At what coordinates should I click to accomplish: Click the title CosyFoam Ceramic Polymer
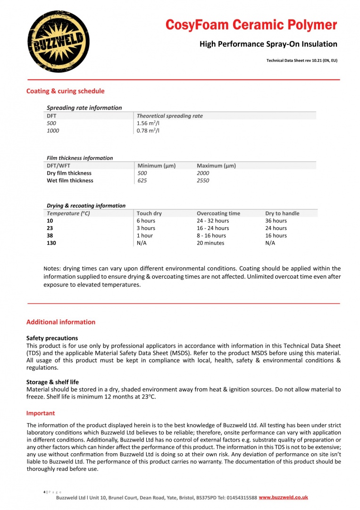(x=251, y=25)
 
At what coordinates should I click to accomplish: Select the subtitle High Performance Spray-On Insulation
(x=268, y=44)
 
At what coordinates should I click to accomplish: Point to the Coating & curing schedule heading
(x=65, y=91)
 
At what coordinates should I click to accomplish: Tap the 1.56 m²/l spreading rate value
(x=148, y=123)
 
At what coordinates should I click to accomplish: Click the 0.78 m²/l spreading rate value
(x=148, y=131)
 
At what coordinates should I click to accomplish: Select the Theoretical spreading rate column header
(x=169, y=116)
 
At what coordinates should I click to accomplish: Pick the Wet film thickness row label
(x=70, y=180)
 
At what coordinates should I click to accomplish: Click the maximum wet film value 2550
(x=203, y=180)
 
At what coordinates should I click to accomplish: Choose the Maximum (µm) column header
(x=216, y=166)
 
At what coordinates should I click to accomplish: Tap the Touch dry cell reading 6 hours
(x=146, y=221)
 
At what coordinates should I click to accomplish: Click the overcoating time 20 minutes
(x=210, y=243)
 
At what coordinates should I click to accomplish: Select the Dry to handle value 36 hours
(x=276, y=221)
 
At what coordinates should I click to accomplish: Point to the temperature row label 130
(x=51, y=243)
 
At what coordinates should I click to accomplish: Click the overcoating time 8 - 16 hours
(x=211, y=236)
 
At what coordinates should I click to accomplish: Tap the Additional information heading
(x=60, y=322)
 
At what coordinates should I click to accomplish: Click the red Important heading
(x=41, y=413)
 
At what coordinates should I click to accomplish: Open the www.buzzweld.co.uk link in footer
(x=283, y=498)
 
